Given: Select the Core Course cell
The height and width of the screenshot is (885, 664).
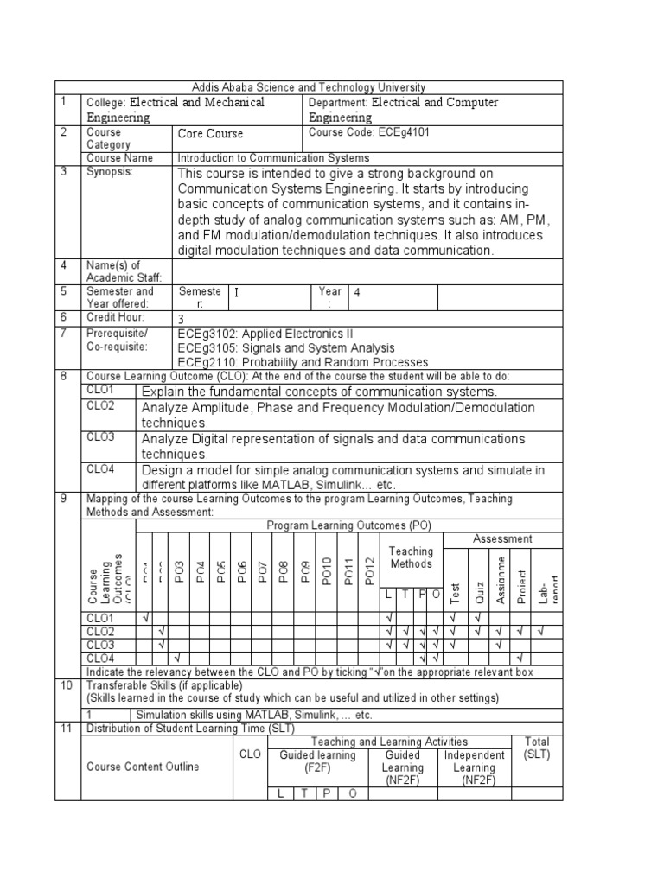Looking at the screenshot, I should coord(210,134).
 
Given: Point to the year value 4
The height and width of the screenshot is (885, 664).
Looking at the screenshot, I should coord(355,293).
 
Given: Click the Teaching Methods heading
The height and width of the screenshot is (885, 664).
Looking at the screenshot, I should coord(411,557).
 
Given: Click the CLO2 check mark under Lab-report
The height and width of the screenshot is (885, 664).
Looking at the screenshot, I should coord(541,632).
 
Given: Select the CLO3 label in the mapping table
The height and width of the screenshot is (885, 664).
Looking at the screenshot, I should coord(100,646).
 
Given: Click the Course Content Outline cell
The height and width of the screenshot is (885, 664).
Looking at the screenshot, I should coord(143,767).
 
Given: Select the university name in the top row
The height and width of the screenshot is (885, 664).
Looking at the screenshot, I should coord(308,87).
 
